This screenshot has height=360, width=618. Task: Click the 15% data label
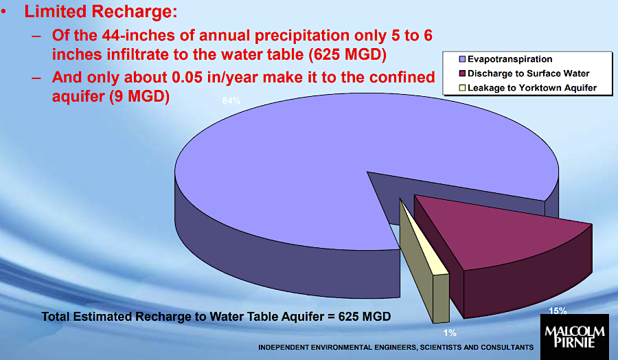558,311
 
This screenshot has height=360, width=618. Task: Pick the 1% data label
450,333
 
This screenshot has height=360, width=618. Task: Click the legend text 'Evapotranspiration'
505,59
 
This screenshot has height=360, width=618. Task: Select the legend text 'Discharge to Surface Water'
528,74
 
